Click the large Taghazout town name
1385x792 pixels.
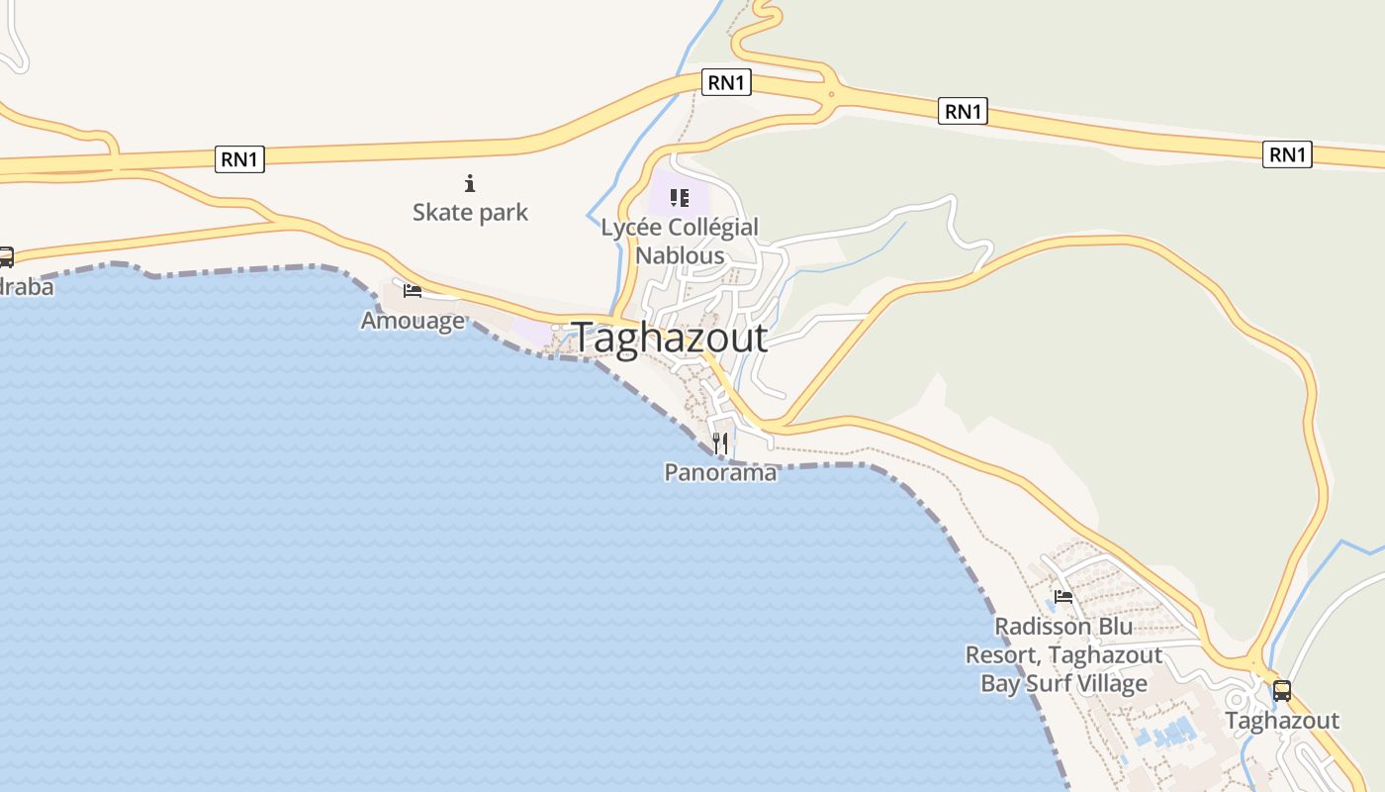tap(669, 338)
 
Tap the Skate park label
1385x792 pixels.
tap(470, 212)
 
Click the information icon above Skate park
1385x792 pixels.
tap(470, 183)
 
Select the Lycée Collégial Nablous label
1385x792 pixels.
tap(680, 241)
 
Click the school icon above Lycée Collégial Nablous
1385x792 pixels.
tap(679, 197)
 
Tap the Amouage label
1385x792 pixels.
tap(413, 321)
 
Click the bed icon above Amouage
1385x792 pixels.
tap(413, 290)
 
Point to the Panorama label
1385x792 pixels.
tap(720, 473)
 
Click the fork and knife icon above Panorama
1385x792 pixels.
tap(720, 443)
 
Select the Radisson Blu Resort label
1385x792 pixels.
tap(1063, 654)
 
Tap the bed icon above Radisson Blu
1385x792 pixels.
tap(1063, 596)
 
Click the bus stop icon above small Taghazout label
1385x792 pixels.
tap(1282, 691)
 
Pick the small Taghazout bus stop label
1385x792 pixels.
tap(1282, 721)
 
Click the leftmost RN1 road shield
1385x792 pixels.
tap(239, 158)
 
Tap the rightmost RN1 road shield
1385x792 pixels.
tap(1287, 154)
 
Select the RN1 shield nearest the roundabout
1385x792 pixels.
tap(726, 82)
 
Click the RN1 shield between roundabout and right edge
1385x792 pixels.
tap(963, 112)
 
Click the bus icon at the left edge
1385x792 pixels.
tap(5, 257)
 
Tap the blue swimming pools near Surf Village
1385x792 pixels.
tap(1167, 735)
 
